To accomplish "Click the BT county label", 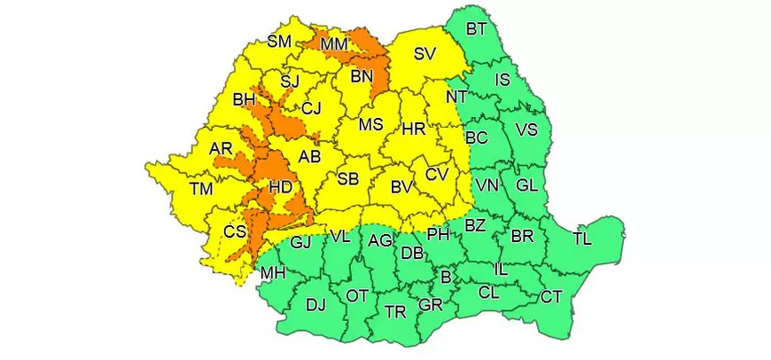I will pos(476,29).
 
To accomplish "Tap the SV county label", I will pos(424,54).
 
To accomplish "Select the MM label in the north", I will pos(334,44).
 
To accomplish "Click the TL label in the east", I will pos(582,238).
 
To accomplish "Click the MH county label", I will pos(272,273).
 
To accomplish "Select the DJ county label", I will pos(315,305).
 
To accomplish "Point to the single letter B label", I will pos(446,278).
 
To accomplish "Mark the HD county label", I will pos(280,187).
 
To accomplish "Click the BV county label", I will pos(404,187).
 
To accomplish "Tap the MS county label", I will pos(370,124).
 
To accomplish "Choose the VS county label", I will pos(526,130).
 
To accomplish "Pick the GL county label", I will pos(526,185).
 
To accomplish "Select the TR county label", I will pos(395,311).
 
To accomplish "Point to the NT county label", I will pos(456,95).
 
